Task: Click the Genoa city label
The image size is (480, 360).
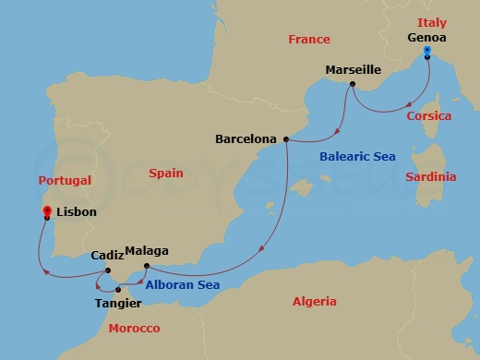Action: (426, 38)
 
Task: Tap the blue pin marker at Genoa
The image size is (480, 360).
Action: (426, 54)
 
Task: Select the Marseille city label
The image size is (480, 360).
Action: (354, 70)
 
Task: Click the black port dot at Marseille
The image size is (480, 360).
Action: (352, 85)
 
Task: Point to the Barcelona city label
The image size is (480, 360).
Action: (246, 139)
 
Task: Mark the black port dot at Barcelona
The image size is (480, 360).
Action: (286, 139)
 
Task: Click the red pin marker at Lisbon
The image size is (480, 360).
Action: (46, 212)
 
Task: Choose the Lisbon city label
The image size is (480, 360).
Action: (76, 211)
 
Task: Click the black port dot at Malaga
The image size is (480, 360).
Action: (147, 266)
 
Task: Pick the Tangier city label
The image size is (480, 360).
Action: (118, 303)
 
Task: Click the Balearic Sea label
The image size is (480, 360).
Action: (357, 157)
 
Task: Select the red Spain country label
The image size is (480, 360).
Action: (166, 173)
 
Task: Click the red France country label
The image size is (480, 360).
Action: (308, 40)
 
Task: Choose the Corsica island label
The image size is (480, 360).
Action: (429, 116)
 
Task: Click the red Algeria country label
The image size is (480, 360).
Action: (315, 301)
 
